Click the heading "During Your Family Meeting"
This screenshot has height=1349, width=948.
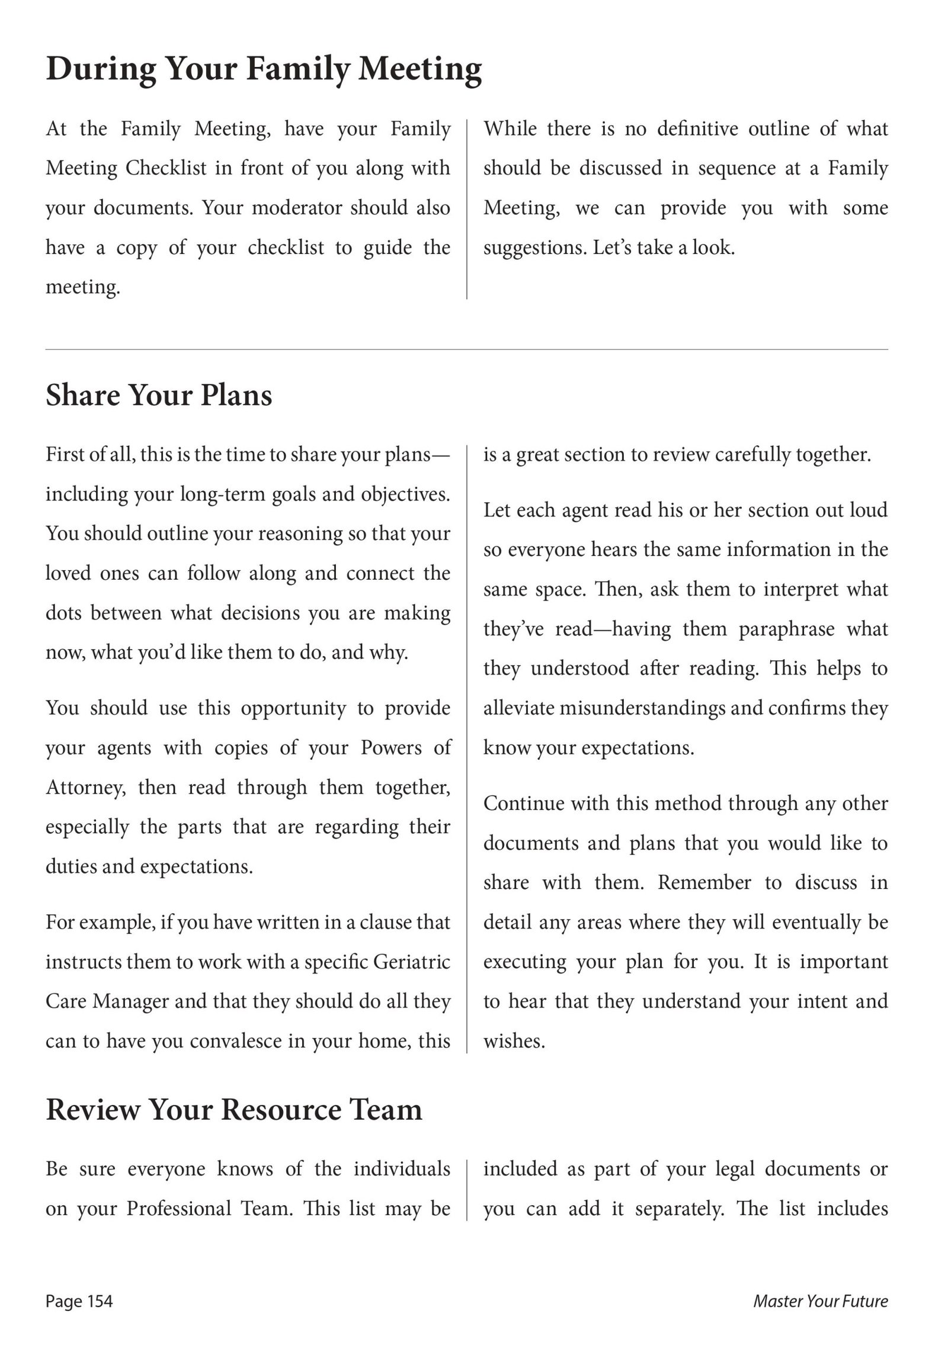tap(264, 69)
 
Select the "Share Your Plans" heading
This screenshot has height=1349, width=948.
tap(159, 395)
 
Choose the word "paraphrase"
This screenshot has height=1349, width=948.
tap(787, 629)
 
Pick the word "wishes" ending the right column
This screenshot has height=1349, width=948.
tap(513, 1041)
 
